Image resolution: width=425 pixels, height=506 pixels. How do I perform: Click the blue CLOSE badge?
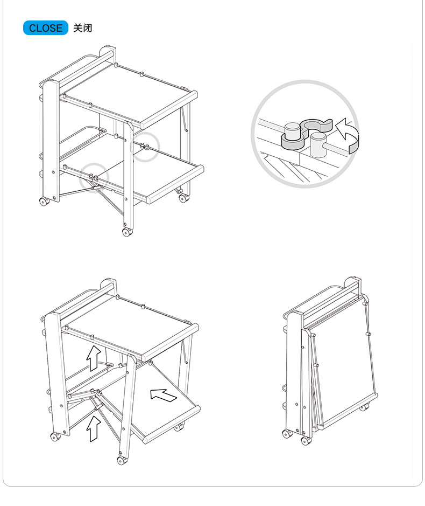(x=45, y=28)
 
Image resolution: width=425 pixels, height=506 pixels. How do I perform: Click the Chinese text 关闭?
(x=83, y=28)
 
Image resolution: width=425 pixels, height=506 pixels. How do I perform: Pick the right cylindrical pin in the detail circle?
(x=318, y=144)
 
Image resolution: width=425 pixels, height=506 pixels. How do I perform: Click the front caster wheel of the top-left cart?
(x=127, y=232)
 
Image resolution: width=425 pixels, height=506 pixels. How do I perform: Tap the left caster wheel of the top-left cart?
(x=44, y=202)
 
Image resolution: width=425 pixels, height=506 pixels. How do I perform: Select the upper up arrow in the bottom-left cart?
(x=94, y=358)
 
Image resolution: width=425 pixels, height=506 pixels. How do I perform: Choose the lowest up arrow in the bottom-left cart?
(x=94, y=428)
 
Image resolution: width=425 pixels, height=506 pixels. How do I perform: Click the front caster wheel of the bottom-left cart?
(x=122, y=461)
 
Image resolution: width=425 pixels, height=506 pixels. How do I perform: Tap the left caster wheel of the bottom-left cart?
(x=56, y=436)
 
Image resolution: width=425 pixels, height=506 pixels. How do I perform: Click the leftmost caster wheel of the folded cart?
(x=287, y=433)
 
